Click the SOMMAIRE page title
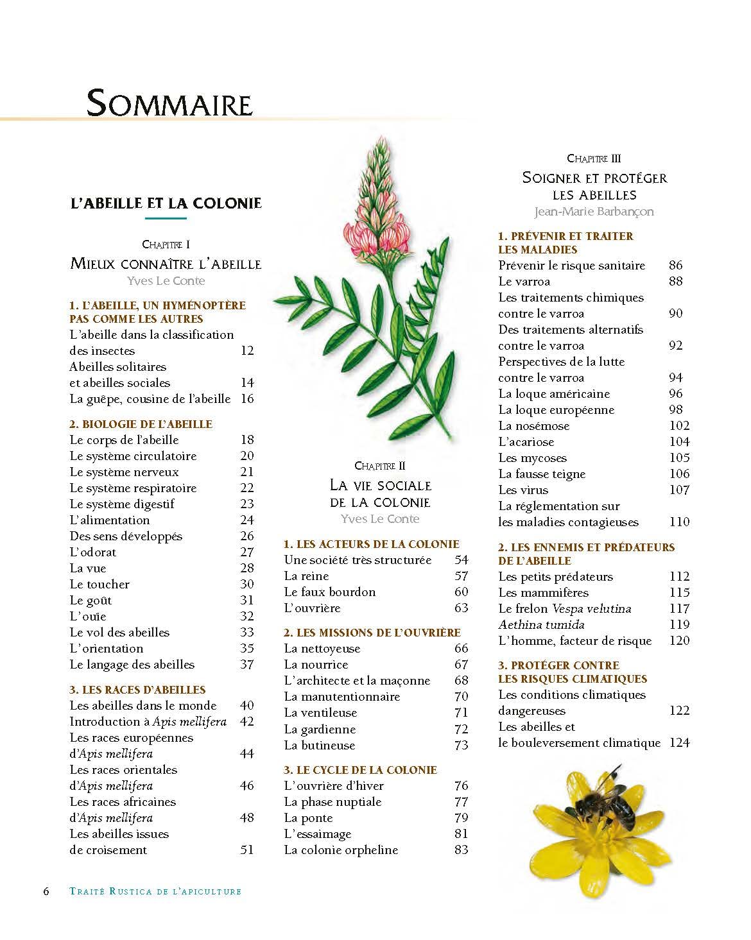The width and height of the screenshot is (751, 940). (169, 103)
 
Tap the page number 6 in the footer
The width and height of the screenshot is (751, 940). (46, 891)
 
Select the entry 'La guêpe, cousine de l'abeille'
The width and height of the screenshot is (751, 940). (150, 399)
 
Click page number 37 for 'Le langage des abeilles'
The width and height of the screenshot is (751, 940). (247, 665)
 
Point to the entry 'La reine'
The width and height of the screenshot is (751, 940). (306, 576)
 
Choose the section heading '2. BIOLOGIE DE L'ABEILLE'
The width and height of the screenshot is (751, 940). (141, 424)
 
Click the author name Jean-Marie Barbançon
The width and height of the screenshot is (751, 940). (594, 211)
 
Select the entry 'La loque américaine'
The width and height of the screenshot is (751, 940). (554, 394)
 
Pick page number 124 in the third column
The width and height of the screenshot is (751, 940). (679, 743)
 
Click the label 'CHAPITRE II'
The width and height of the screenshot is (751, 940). (380, 466)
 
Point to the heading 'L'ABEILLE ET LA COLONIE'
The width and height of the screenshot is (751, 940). (166, 203)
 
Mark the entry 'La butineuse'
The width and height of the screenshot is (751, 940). (319, 746)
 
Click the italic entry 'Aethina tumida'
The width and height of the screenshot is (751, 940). (541, 625)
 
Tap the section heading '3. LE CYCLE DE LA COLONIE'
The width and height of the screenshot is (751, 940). (360, 770)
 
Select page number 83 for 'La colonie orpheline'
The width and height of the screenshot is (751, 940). (461, 850)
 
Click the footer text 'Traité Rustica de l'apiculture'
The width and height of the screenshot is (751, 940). (155, 891)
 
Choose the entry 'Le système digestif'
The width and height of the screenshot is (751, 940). (122, 504)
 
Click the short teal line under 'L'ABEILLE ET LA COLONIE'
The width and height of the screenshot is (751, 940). (166, 219)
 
